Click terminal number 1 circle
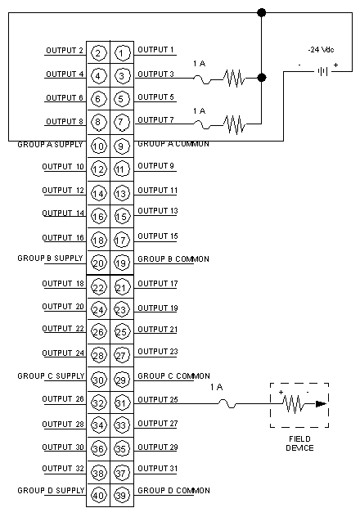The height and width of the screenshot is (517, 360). click(122, 53)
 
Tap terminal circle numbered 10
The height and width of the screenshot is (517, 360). click(98, 146)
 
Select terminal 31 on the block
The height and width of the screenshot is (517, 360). click(122, 402)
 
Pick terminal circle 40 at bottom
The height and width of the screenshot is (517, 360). click(98, 495)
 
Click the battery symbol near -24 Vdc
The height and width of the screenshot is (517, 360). click(322, 71)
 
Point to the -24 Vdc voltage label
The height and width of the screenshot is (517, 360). click(321, 50)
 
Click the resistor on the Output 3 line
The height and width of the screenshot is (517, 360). click(234, 79)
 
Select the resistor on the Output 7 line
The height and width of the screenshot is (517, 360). click(234, 124)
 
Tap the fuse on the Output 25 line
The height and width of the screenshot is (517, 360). click(227, 403)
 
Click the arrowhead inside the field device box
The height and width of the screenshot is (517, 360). click(321, 403)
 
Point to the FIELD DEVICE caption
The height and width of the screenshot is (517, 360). click(299, 443)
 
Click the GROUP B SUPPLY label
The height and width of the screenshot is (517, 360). click(50, 258)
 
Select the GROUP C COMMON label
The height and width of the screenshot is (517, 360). click(173, 375)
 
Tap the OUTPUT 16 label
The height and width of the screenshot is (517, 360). click(63, 238)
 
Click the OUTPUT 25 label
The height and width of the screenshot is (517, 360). click(158, 400)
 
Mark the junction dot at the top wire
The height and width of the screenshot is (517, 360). click(262, 13)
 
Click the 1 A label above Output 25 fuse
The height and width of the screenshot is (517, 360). click(217, 387)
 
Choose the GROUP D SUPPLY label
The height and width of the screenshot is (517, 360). click(51, 491)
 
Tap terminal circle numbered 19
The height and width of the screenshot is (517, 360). click(122, 263)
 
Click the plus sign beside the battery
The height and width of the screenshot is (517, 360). click(335, 65)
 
